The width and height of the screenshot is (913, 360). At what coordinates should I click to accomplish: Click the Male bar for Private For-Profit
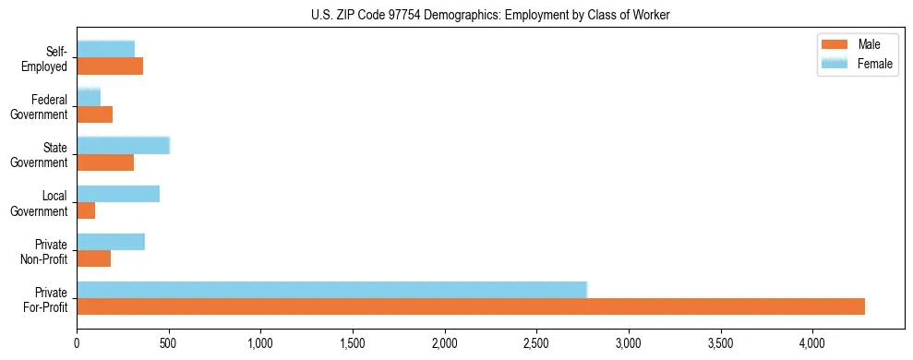471,306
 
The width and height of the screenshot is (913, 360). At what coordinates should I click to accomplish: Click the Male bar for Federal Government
95,114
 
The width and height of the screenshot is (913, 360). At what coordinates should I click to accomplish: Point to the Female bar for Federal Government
89,97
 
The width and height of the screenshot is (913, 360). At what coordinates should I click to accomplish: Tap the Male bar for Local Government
86,210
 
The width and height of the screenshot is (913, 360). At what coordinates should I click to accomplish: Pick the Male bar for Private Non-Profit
94,258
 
